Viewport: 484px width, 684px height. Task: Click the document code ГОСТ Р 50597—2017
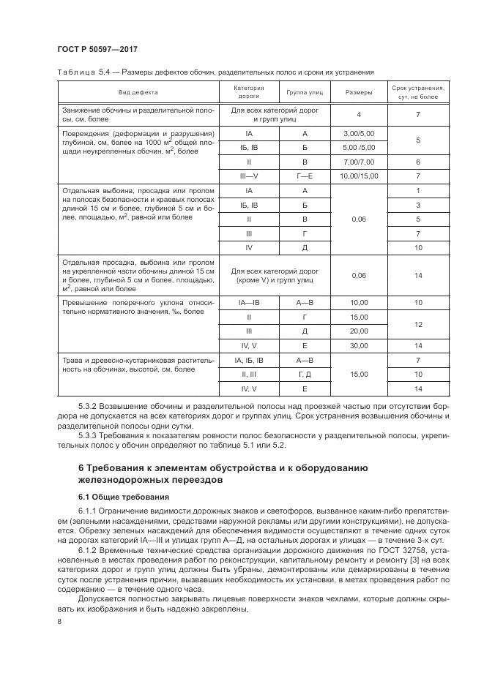[x=97, y=50]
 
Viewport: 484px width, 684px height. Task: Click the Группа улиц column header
[x=305, y=93]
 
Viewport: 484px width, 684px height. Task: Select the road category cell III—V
[x=249, y=176]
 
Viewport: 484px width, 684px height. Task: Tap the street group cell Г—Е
[x=305, y=176]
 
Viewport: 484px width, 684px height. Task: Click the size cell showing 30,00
[x=358, y=345]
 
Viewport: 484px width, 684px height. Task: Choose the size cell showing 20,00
[x=358, y=331]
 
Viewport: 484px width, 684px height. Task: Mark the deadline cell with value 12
[x=417, y=323]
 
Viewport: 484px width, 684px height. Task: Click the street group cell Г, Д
[x=305, y=374]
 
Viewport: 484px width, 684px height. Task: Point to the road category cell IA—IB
[x=249, y=302]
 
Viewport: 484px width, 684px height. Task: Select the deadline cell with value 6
[x=417, y=162]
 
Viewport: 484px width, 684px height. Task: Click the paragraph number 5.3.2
[x=89, y=405]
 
